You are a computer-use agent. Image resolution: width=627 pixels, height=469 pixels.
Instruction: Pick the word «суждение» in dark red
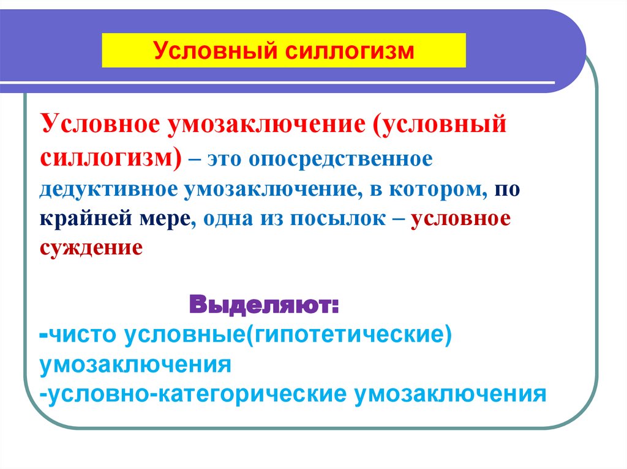tap(92, 248)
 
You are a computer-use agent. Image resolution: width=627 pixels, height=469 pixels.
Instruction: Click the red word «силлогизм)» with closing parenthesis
tap(111, 158)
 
